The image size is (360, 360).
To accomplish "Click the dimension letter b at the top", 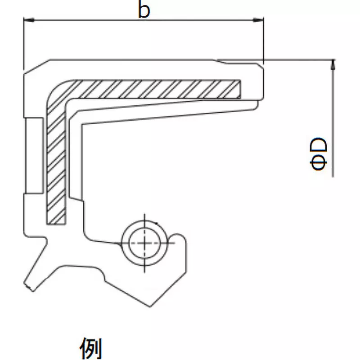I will (x=144, y=10).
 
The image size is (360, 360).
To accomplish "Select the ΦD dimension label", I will (x=319, y=154).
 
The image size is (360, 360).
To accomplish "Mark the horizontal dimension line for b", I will (x=144, y=20).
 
